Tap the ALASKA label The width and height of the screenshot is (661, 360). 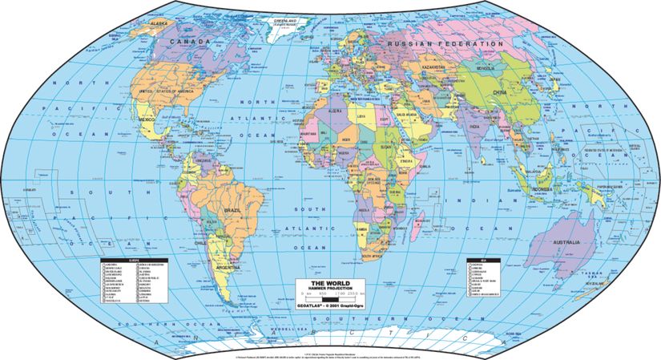(x=163, y=25)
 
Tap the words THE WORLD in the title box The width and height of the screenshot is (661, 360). (x=330, y=283)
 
